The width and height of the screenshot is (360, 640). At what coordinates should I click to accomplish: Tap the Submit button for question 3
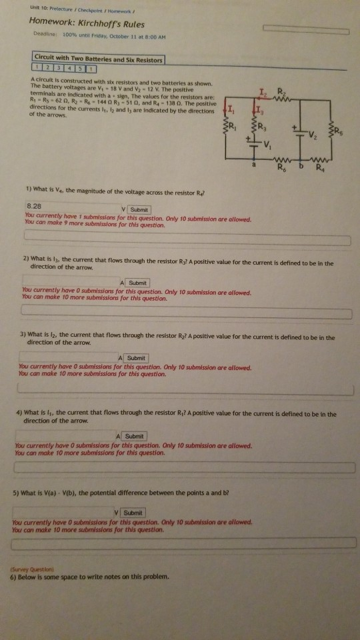pos(135,358)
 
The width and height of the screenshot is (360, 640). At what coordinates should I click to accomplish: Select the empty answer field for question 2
pos(70,282)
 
